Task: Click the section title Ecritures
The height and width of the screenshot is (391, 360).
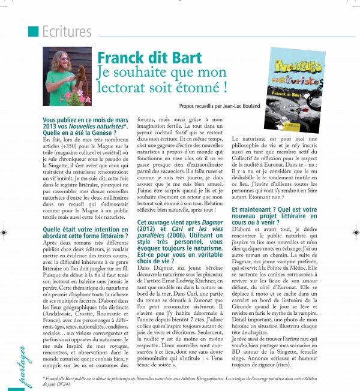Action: (x=66, y=31)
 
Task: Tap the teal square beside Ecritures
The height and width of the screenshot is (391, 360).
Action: (x=34, y=31)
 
